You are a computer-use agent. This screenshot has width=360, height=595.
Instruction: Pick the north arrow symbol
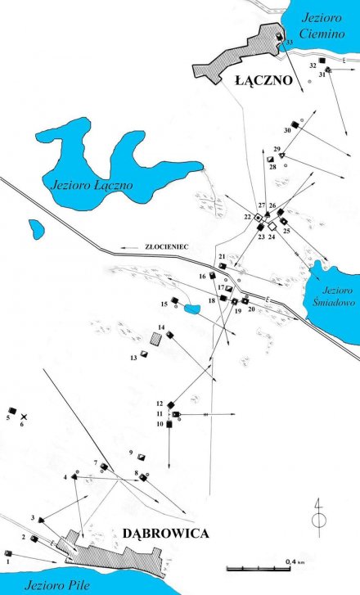pos(319,516)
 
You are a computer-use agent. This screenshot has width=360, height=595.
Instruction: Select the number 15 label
pos(164,304)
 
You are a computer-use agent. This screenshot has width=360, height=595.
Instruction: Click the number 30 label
pos(287,130)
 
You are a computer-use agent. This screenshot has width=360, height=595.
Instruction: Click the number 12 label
pos(160,403)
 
